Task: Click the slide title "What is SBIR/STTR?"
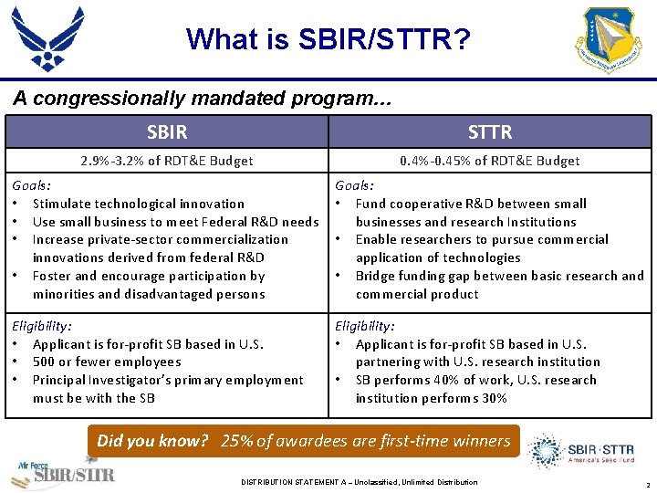click(x=328, y=39)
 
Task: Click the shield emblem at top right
click(x=610, y=40)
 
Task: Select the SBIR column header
click(x=167, y=132)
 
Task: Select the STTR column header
click(x=489, y=132)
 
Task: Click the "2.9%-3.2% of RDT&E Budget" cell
click(x=167, y=161)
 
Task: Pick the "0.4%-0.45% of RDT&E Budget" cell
click(x=489, y=161)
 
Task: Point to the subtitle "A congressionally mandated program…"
click(x=202, y=99)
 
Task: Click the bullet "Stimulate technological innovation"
click(x=138, y=204)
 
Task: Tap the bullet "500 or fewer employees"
click(x=107, y=362)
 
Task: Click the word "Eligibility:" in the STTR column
click(x=365, y=326)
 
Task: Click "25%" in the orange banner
click(x=237, y=441)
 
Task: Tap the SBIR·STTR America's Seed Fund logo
click(x=584, y=452)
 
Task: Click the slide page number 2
click(x=646, y=483)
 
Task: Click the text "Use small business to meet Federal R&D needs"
click(x=175, y=222)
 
